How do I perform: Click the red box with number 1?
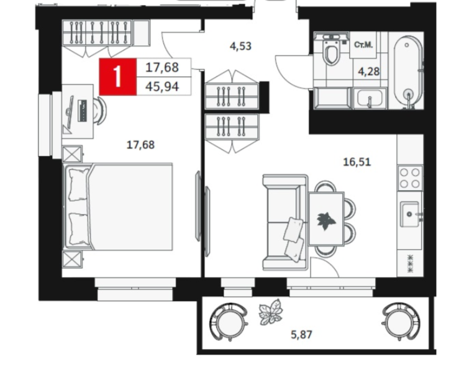(118, 77)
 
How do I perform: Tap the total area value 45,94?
(162, 87)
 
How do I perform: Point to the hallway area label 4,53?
(240, 46)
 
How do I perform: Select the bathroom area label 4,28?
(369, 71)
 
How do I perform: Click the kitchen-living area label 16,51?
(357, 162)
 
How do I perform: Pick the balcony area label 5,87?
(301, 335)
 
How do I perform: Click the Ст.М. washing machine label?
(363, 45)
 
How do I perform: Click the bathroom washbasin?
(370, 98)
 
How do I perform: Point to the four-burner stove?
(410, 178)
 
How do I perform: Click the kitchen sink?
(410, 214)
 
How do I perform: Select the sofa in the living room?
(285, 222)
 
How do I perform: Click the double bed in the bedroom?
(119, 207)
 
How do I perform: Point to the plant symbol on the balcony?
(271, 312)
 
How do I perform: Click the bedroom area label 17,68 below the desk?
(140, 145)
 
